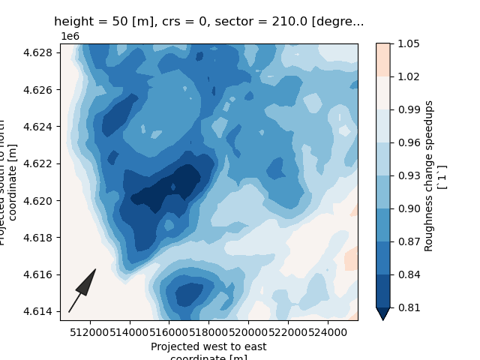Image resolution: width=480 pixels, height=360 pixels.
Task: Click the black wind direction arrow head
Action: tap(87, 280)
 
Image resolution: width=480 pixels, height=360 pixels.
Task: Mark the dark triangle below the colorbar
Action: tap(382, 313)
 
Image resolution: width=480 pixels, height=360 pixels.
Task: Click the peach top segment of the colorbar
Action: tap(382, 59)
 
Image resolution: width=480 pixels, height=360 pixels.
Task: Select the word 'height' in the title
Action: tap(72, 22)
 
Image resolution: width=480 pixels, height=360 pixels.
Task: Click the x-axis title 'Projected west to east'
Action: tap(208, 346)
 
